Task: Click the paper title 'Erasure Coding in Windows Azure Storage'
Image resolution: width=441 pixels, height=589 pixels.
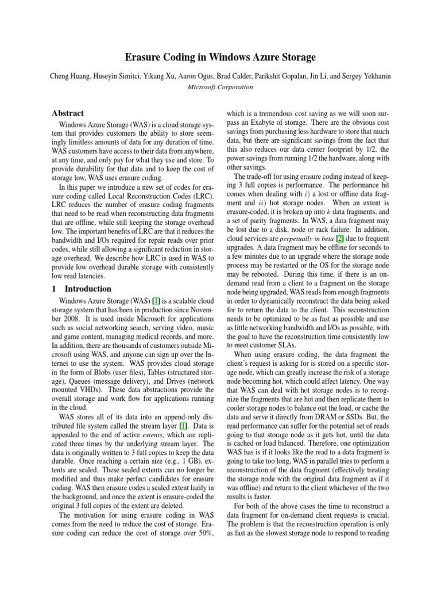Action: pos(220,58)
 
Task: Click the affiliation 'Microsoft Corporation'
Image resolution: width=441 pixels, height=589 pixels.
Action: pos(220,87)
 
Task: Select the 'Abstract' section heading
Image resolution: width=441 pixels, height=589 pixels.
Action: pos(67,114)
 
